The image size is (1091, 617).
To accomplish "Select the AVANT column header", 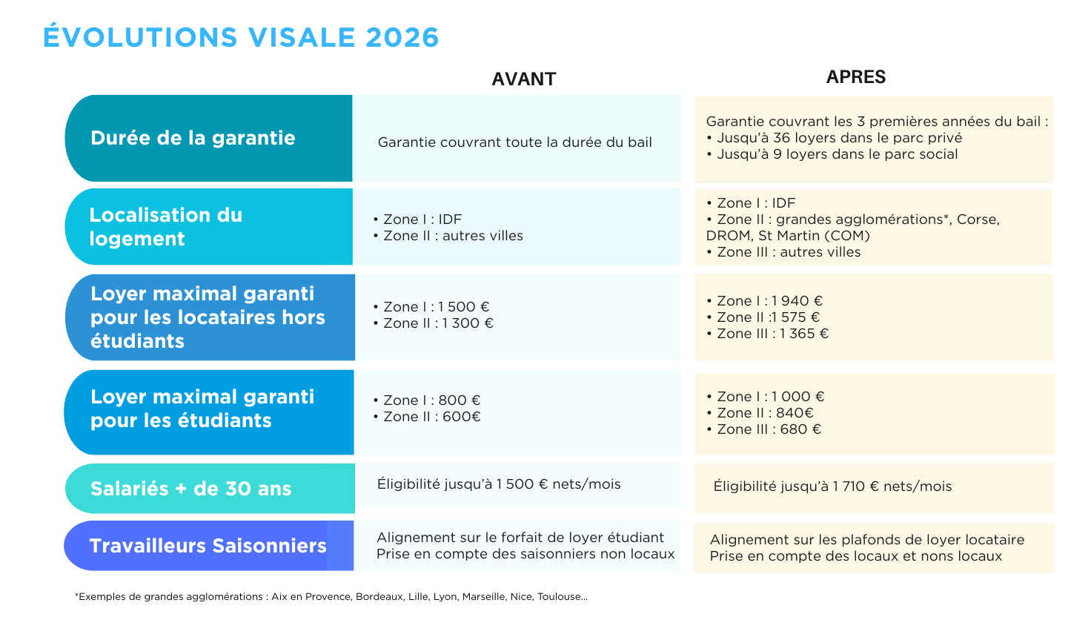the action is [x=523, y=79].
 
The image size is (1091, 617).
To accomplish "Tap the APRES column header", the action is [x=856, y=76].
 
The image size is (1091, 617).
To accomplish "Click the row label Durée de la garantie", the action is [x=193, y=138].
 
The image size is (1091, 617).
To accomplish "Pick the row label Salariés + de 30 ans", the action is [x=191, y=489].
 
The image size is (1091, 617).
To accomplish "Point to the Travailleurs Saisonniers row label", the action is [x=208, y=546].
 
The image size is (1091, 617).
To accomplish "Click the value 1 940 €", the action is [x=797, y=300].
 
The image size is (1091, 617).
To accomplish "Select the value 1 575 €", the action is [x=795, y=317].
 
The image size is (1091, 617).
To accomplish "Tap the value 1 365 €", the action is [x=803, y=334].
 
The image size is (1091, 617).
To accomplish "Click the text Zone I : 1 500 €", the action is [x=431, y=306].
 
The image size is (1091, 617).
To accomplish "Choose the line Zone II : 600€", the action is [x=427, y=416].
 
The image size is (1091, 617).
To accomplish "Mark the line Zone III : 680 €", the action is [x=763, y=429].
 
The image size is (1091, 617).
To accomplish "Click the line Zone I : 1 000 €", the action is [x=765, y=396].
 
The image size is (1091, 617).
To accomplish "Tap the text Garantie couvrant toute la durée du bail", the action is [x=515, y=142].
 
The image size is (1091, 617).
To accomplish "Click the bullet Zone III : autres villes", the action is [x=783, y=252].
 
